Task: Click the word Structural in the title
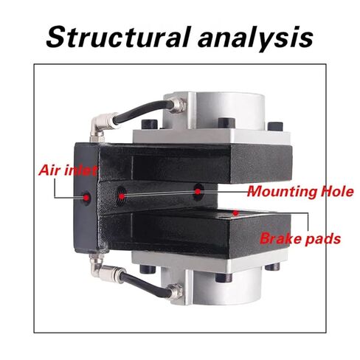pyautogui.click(x=119, y=38)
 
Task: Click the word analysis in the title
pyautogui.click(x=255, y=39)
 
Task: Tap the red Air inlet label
pyautogui.click(x=68, y=170)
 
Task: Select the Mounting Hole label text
pyautogui.click(x=300, y=191)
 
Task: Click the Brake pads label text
pyautogui.click(x=300, y=238)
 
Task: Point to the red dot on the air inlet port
pyautogui.click(x=86, y=197)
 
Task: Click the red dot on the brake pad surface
pyautogui.click(x=236, y=213)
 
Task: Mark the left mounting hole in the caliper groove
pyautogui.click(x=121, y=195)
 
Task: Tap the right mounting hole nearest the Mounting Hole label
pyautogui.click(x=198, y=191)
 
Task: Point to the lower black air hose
pyautogui.click(x=146, y=283)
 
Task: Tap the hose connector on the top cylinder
pyautogui.click(x=176, y=105)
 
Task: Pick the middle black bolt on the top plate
pyautogui.click(x=226, y=124)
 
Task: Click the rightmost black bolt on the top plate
pyautogui.click(x=276, y=127)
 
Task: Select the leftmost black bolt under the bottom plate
pyautogui.click(x=148, y=269)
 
